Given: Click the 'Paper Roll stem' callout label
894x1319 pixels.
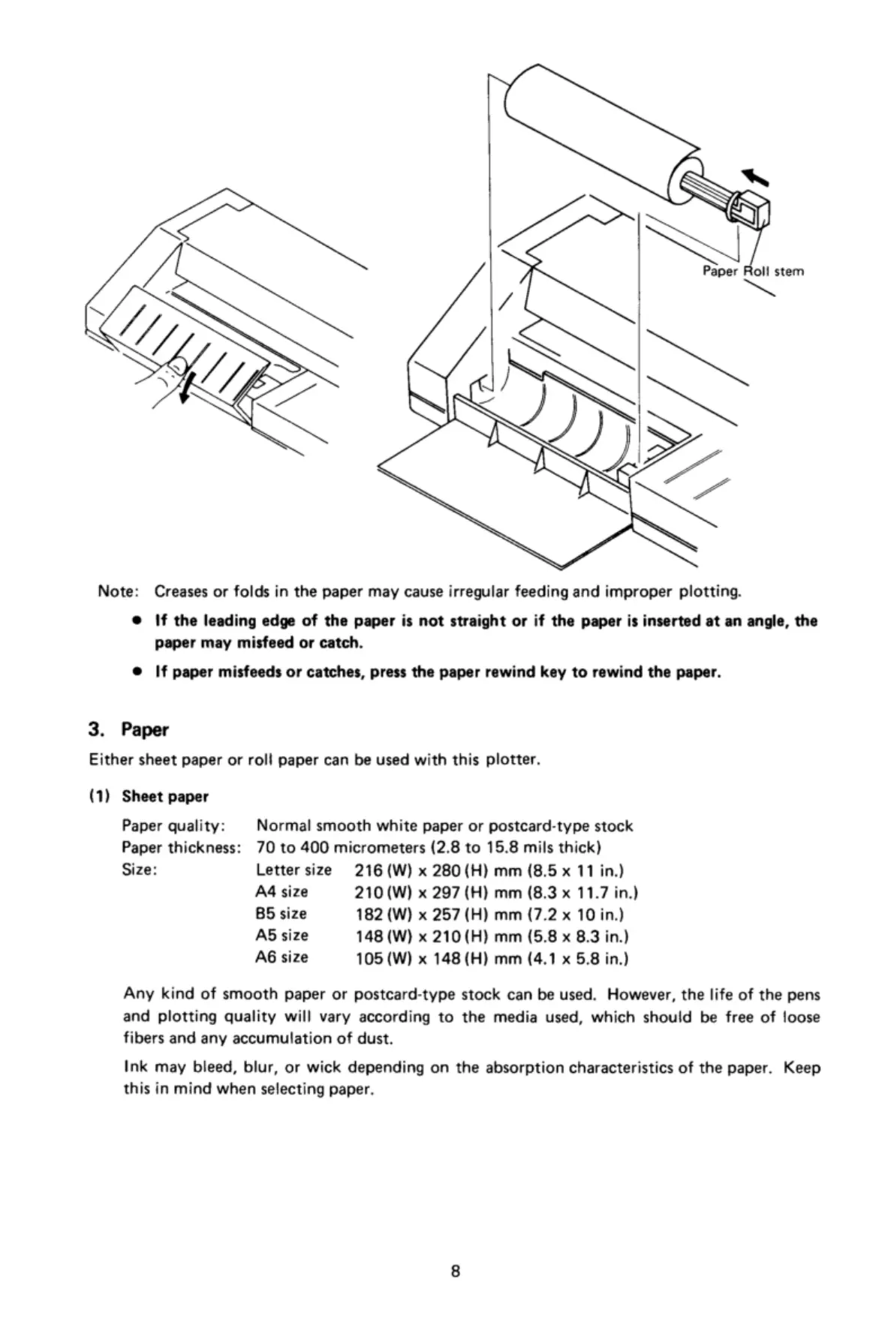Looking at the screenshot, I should click(753, 271).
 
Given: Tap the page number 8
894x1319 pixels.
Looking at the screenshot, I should click(455, 1271).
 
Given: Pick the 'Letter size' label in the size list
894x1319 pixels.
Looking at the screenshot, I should click(293, 870).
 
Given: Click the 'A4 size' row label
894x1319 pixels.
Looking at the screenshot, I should click(281, 892).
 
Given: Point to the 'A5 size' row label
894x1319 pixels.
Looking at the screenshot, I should click(281, 936).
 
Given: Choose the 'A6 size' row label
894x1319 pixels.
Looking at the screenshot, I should click(281, 957).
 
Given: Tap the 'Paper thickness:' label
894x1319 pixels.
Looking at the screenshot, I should click(181, 848).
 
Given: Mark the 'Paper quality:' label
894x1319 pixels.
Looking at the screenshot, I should click(173, 826).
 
